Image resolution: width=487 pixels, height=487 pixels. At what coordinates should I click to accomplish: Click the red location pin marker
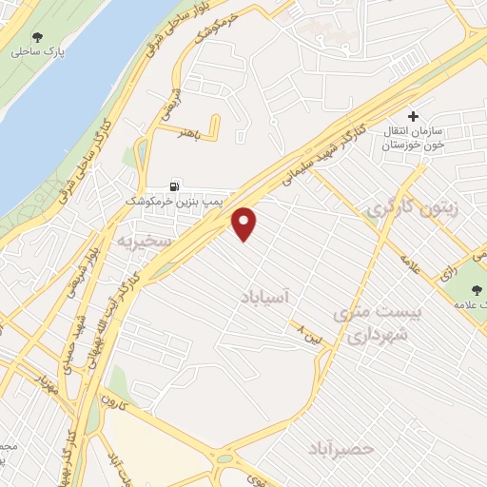pos(245,223)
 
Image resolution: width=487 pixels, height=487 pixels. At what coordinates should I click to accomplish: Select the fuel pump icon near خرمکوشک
pos(172,186)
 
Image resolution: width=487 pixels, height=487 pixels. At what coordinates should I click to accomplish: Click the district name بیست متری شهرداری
pos(373,323)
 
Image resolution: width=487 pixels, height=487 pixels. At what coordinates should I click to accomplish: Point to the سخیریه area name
pos(142,242)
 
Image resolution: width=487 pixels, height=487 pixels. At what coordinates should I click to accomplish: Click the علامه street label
pos(417,263)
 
